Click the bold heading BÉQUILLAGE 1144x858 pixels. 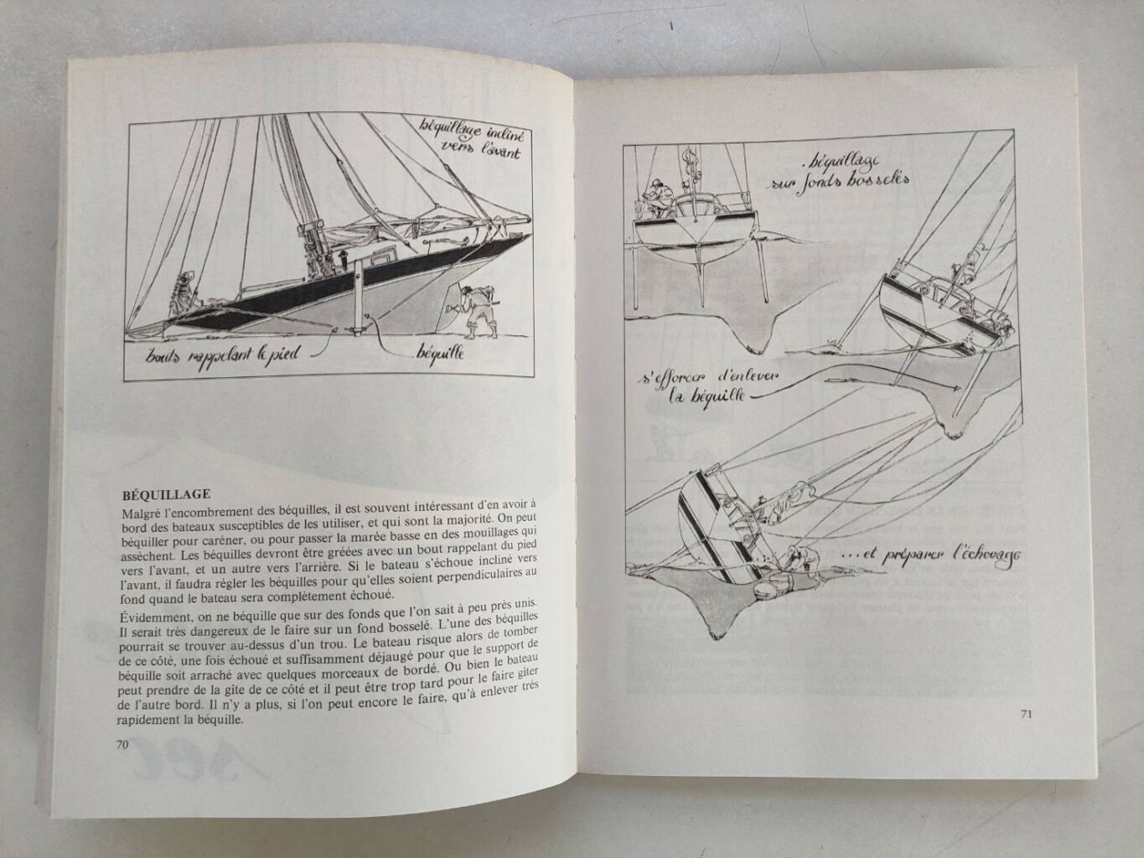[165, 494]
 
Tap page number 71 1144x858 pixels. [1026, 714]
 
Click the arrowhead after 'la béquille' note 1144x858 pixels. [959, 386]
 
